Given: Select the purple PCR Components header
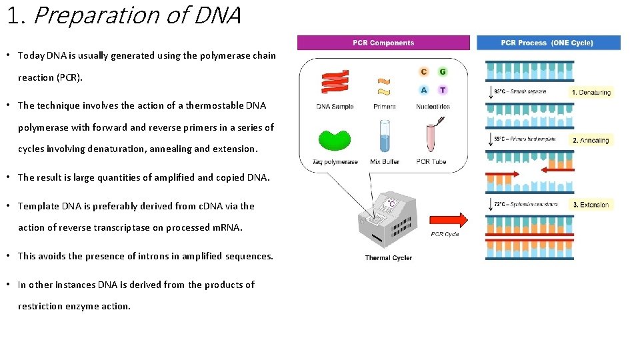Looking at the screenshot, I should tap(383, 43).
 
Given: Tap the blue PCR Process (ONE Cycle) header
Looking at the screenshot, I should tap(548, 43).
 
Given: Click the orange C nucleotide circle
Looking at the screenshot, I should tap(424, 72).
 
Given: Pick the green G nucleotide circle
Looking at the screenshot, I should tap(442, 72).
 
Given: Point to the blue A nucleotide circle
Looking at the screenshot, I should tap(424, 90).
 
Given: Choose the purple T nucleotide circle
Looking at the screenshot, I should tap(442, 90).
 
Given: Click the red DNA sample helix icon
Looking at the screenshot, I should tap(335, 82).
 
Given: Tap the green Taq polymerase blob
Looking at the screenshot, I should tap(335, 140).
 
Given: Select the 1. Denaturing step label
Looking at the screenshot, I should tap(591, 93).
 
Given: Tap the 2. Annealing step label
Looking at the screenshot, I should tap(591, 141).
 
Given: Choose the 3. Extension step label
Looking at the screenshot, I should tap(591, 205).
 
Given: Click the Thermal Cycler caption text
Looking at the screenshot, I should tap(388, 258).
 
